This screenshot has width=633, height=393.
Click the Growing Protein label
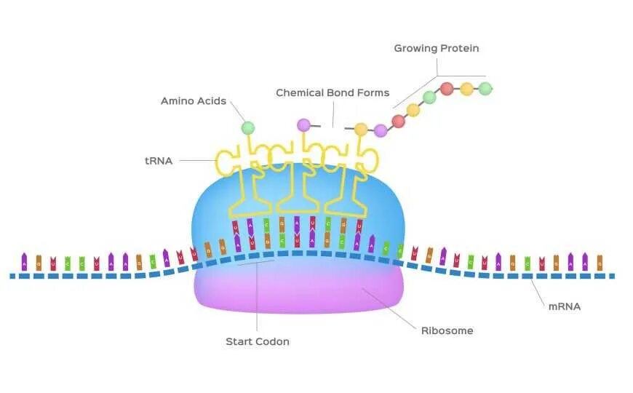pos(436,49)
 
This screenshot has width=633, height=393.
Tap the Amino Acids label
pos(193,101)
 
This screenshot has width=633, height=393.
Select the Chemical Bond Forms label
pos(333,93)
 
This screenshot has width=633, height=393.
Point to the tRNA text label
pos(159,161)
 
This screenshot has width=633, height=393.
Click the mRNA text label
pos(564,306)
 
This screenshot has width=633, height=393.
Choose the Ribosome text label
pos(447,330)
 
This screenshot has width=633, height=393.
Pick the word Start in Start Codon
pos(239,341)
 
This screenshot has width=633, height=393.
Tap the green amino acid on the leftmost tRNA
pos(248,128)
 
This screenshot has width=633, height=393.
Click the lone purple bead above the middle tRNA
pos(303,125)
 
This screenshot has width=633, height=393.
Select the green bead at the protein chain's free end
pos(485,89)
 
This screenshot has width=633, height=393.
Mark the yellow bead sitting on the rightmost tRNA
pos(361,130)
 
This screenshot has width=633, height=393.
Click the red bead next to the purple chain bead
pos(398,121)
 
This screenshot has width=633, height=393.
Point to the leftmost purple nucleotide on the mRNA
pos(24,261)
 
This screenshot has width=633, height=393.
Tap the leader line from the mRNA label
pos(538,292)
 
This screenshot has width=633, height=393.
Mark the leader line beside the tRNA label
pos(196,161)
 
